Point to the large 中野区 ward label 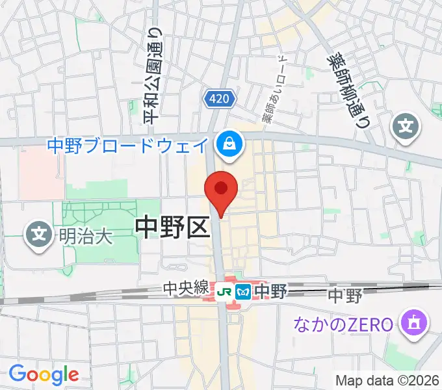[172, 226]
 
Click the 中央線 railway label [187, 288]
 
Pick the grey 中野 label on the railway [344, 296]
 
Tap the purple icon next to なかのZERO [413, 322]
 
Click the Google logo [44, 374]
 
